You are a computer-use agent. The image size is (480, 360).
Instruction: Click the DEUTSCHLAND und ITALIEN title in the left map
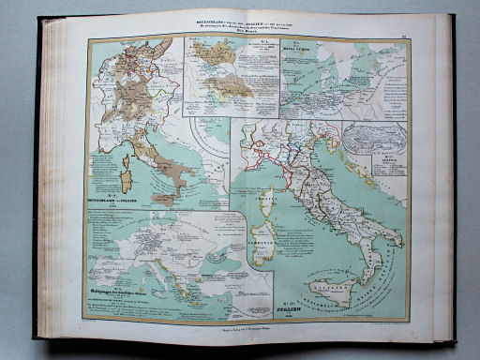point(117,199)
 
